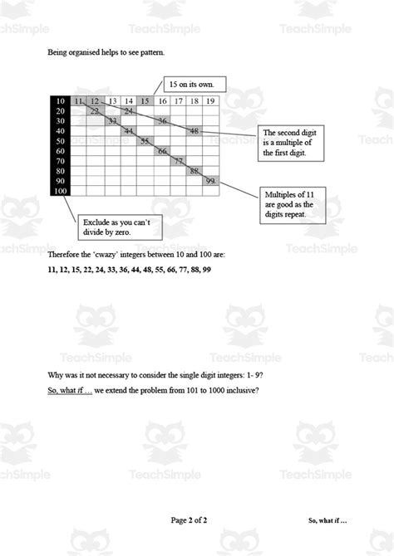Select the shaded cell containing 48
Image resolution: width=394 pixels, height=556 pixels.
[194, 130]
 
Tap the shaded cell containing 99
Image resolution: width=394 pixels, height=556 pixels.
[210, 180]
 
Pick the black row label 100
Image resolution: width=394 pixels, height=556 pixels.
[61, 190]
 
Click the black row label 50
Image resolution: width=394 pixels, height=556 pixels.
[61, 141]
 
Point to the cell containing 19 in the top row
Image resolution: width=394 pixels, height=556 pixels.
[210, 101]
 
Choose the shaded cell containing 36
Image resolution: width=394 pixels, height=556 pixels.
[163, 121]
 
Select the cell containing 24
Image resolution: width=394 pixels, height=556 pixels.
[129, 110]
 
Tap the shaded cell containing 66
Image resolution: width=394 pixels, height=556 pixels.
[161, 151]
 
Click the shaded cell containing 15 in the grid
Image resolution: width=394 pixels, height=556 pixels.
[145, 101]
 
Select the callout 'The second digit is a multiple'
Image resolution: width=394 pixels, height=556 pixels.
[292, 143]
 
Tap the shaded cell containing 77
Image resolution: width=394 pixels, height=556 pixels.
[178, 161]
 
